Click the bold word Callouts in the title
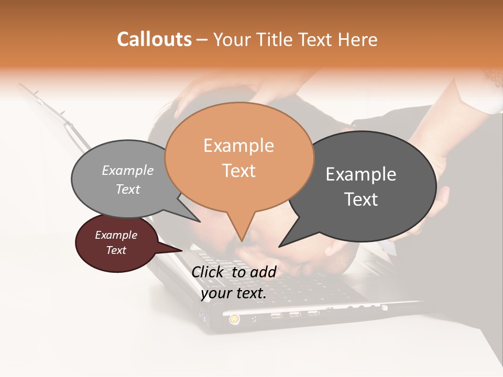click(154, 39)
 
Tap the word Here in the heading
click(358, 40)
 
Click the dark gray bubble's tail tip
click(280, 246)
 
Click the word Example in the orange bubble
click(238, 146)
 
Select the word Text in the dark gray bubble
click(361, 199)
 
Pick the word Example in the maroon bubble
click(116, 235)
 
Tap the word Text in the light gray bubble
click(127, 189)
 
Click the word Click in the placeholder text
click(208, 272)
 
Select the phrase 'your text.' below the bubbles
click(234, 293)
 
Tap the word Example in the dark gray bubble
click(361, 174)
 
